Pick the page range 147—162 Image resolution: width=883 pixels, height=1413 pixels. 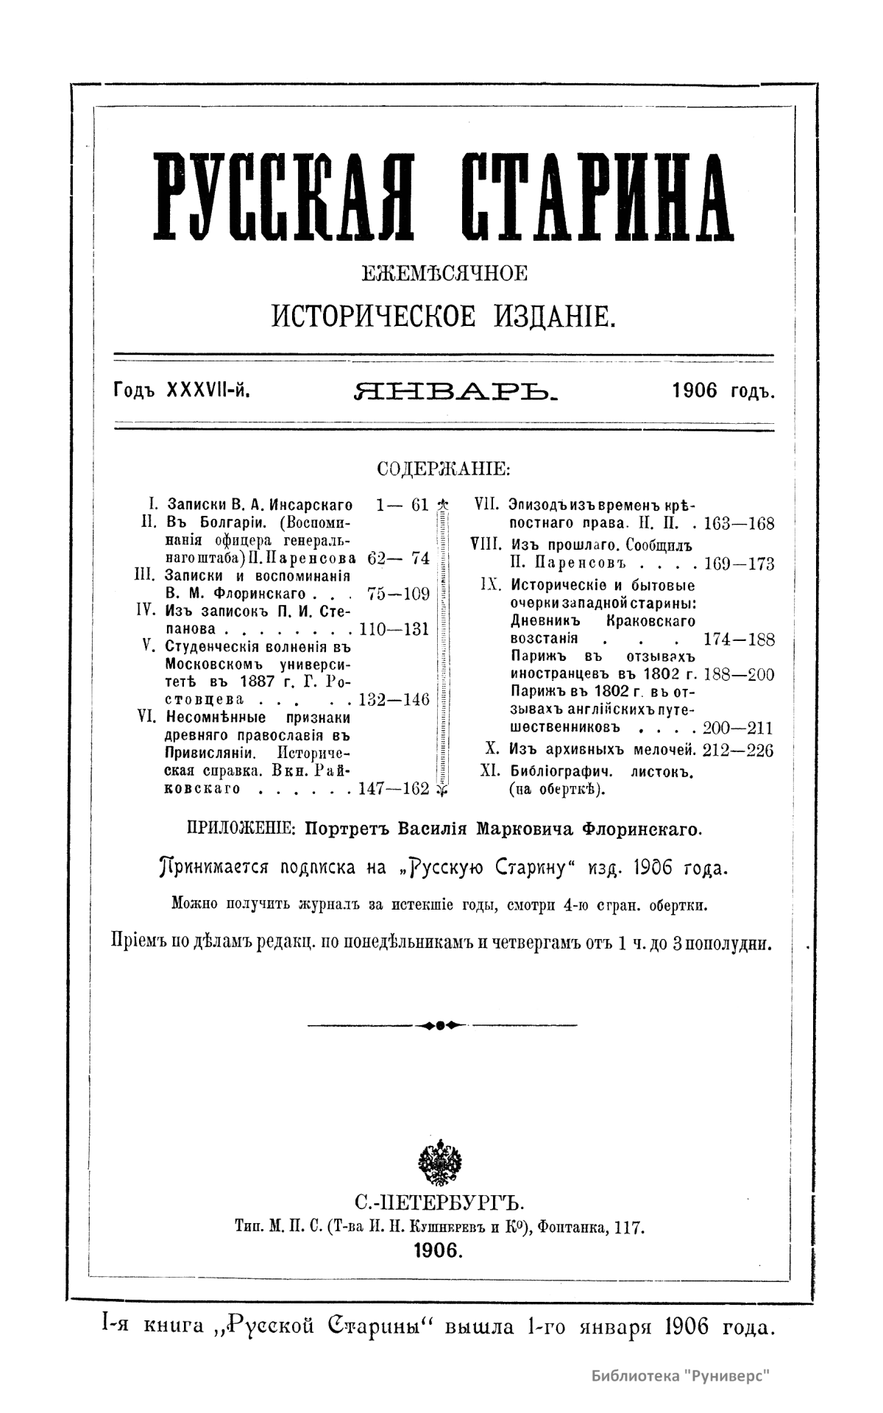393,789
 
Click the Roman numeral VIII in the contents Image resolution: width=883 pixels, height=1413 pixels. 485,545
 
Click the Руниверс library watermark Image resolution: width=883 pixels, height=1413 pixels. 685,1375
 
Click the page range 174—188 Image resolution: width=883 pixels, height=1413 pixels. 738,639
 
